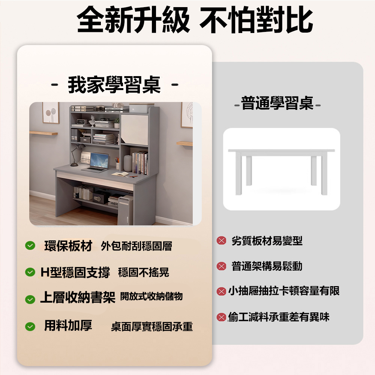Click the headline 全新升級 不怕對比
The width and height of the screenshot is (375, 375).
coord(195,20)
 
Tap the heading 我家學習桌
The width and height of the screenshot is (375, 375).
coord(114,85)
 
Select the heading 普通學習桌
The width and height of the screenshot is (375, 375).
coord(277,103)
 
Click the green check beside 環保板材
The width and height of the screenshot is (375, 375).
coord(30,245)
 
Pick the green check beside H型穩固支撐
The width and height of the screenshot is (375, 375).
coord(30,272)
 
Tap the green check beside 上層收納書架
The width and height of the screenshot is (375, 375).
coord(30,299)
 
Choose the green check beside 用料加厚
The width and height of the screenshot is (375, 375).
coord(30,327)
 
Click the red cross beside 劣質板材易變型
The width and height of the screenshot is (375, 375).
coord(221,240)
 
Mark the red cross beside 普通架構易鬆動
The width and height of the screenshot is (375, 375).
coord(221,266)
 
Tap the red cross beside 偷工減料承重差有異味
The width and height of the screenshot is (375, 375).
coord(221,317)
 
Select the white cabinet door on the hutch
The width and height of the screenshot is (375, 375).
coord(134,130)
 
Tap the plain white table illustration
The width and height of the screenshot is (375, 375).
coord(282,171)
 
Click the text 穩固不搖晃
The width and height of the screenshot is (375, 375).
coord(144,272)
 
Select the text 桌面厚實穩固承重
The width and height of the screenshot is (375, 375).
coord(152,327)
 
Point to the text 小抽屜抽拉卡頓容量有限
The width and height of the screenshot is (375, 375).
coord(284,291)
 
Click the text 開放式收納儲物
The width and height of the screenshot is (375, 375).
coord(151,296)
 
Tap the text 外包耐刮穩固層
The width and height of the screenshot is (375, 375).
coord(136,246)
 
